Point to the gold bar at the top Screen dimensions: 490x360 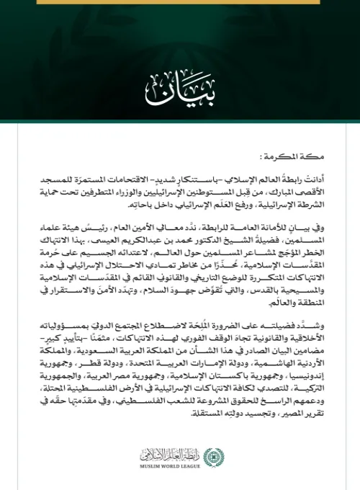click(179, 4)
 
